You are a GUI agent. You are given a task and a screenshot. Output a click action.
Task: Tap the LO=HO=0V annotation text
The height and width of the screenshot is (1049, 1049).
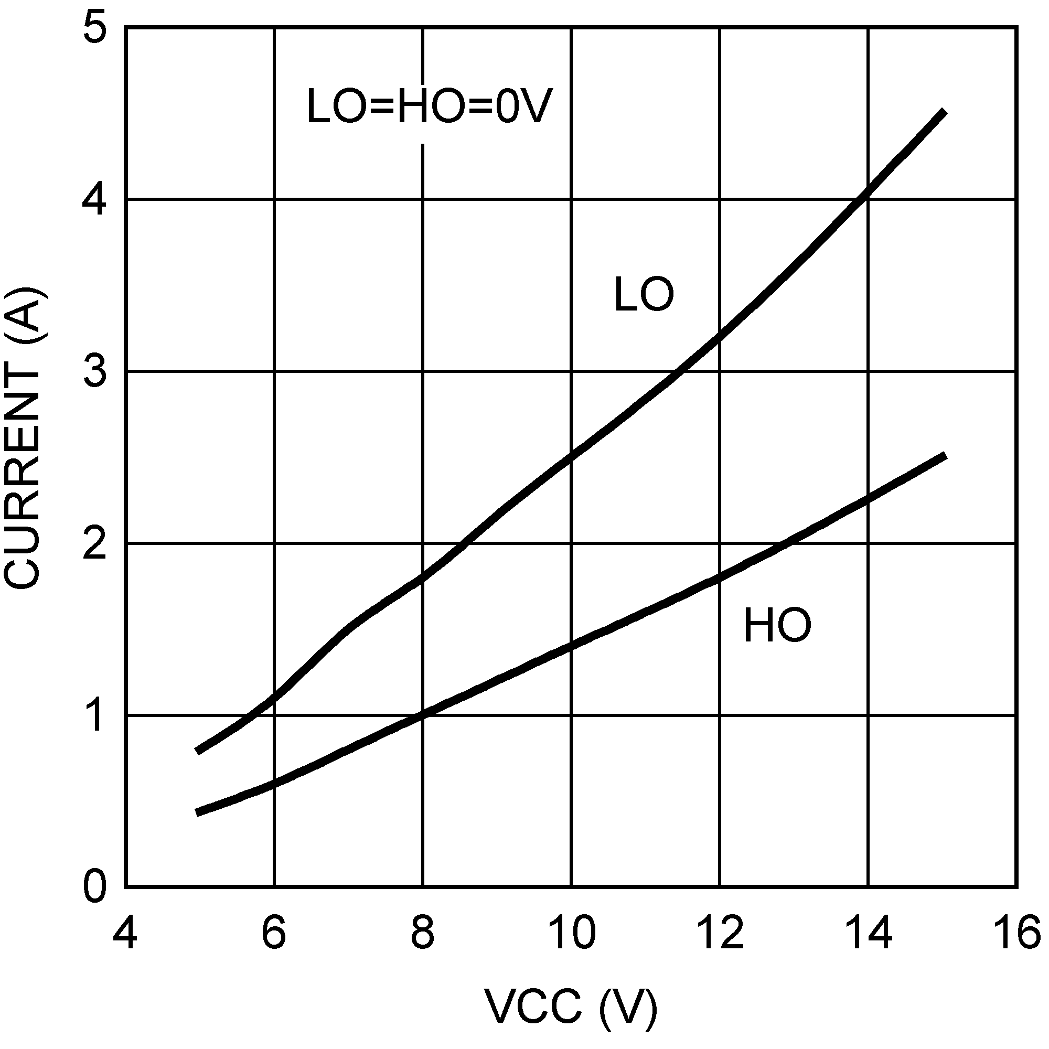[429, 107]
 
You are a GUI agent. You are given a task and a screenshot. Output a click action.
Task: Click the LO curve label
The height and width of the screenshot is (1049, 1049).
[644, 295]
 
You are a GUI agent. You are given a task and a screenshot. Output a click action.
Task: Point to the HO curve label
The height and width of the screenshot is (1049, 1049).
[777, 626]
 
